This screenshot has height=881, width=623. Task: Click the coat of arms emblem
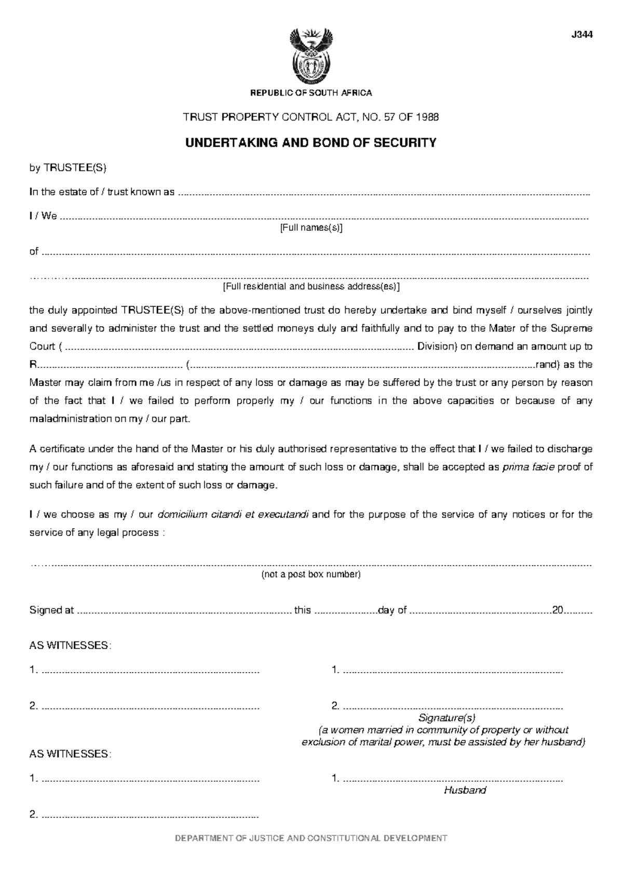pyautogui.click(x=311, y=57)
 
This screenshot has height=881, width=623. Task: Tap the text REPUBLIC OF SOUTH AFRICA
pyautogui.click(x=311, y=93)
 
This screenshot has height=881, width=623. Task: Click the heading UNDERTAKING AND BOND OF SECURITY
pyautogui.click(x=311, y=142)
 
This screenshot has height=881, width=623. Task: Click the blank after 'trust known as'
pyautogui.click(x=384, y=193)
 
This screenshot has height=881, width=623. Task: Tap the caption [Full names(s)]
pyautogui.click(x=311, y=228)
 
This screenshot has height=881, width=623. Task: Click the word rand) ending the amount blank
pyautogui.click(x=547, y=365)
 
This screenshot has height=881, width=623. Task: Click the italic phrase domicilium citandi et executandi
pyautogui.click(x=233, y=515)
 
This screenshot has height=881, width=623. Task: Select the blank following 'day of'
pyautogui.click(x=480, y=611)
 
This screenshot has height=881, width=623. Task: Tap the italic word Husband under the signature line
pyautogui.click(x=465, y=791)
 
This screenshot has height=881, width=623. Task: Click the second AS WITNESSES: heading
pyautogui.click(x=70, y=754)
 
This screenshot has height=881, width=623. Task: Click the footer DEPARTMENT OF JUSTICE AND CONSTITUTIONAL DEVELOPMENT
pyautogui.click(x=311, y=838)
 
